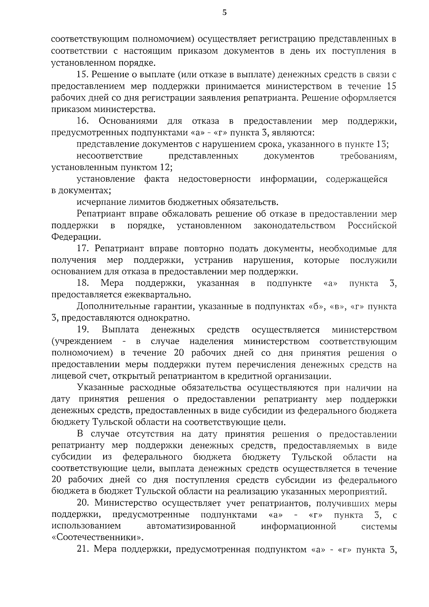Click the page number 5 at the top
coord(224,13)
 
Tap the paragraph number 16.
coord(83,121)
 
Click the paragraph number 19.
coord(83,330)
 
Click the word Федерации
coord(76,237)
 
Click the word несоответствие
coord(109,156)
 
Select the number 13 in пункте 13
coord(381,144)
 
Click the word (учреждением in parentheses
coord(82,342)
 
